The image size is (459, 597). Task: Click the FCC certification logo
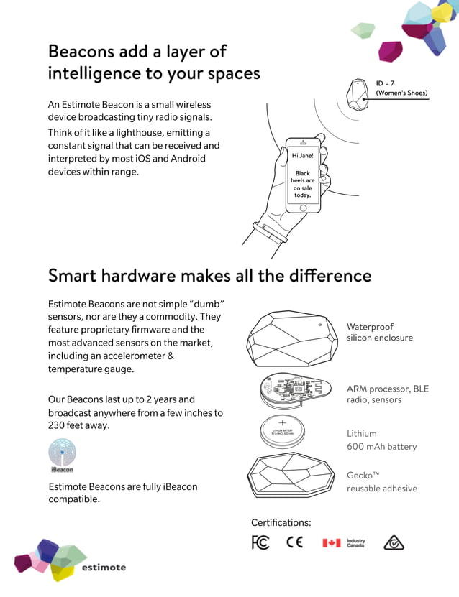260,542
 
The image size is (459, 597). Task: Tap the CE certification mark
295,542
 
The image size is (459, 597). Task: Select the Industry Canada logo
344,542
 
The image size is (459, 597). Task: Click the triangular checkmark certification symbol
394,542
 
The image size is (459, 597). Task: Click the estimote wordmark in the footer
104,567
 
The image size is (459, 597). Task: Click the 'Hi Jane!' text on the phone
302,156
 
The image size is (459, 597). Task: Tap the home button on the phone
303,208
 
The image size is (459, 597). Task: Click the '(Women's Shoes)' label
401,93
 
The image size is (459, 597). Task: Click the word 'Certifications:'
281,522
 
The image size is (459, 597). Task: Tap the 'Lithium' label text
361,434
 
